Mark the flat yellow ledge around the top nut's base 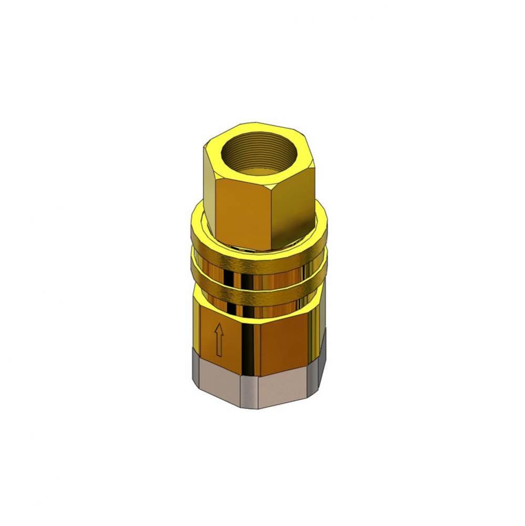200,221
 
